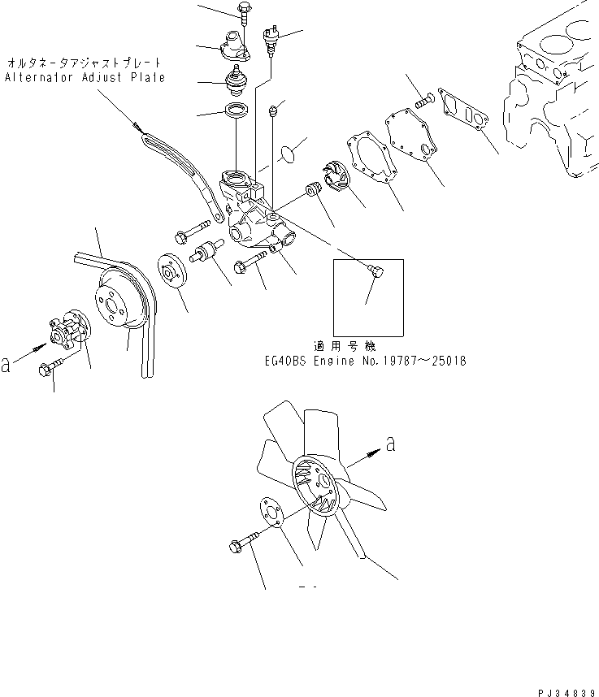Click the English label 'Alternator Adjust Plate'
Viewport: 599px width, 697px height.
coord(85,77)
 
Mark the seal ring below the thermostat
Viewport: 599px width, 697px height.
coord(237,113)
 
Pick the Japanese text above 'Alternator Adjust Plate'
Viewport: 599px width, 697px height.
coord(85,62)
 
